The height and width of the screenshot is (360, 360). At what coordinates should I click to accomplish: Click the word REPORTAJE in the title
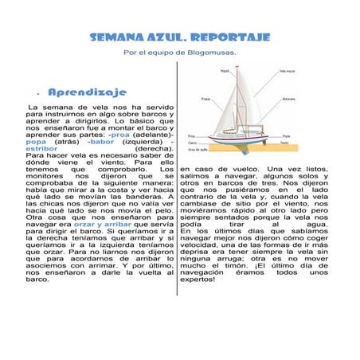[x=231, y=37]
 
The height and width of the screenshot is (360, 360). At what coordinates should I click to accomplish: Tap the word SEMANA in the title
[x=115, y=37]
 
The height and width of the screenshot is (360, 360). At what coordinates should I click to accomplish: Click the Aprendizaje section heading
[x=82, y=93]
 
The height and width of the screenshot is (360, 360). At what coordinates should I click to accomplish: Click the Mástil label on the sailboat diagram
[x=225, y=70]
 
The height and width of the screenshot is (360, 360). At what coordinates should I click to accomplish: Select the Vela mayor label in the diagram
[x=287, y=71]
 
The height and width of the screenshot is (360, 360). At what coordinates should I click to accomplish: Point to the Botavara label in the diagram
[x=289, y=99]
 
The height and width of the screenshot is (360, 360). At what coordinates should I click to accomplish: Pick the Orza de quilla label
[x=198, y=149]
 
